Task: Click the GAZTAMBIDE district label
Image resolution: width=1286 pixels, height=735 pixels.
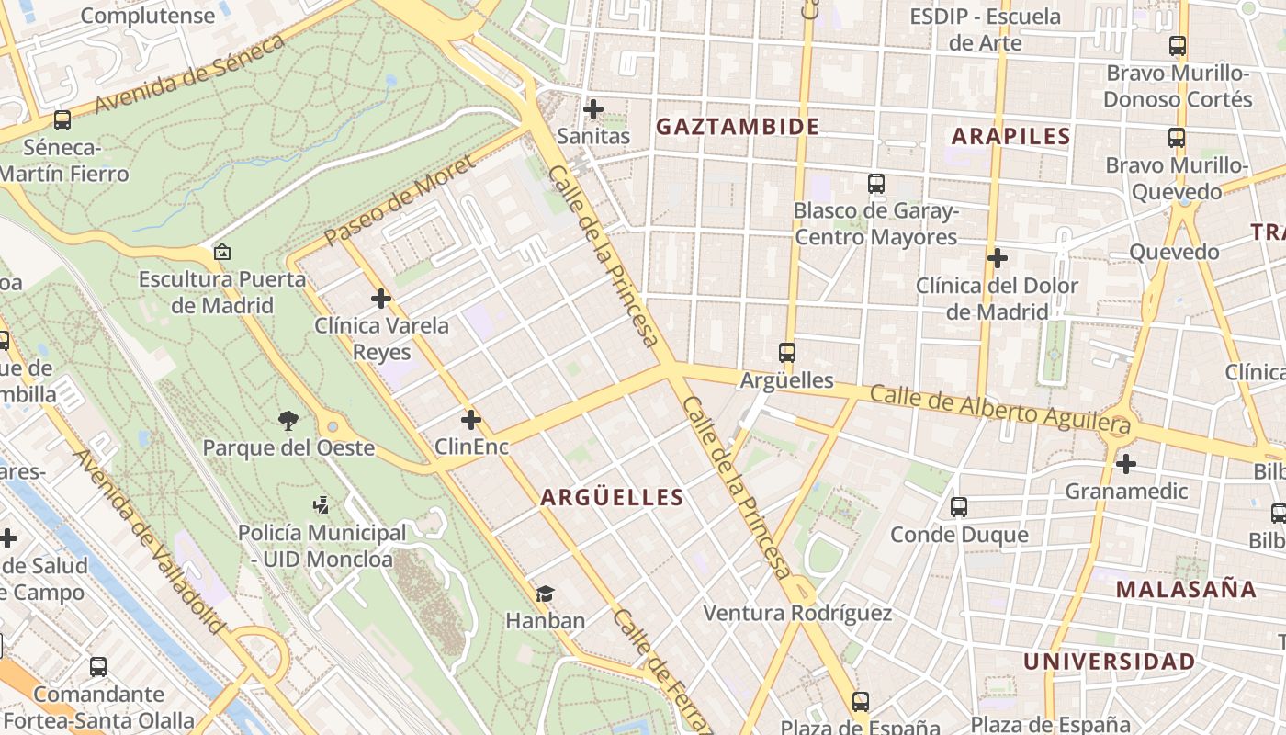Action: [737, 127]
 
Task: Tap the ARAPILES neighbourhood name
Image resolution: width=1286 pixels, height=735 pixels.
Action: [1010, 137]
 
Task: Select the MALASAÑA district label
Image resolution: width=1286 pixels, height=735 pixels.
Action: [1186, 589]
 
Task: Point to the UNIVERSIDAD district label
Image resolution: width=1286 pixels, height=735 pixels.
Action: [1110, 661]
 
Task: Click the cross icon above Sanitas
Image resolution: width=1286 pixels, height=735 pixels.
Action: [593, 109]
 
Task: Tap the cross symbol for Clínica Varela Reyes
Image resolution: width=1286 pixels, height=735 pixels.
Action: [381, 299]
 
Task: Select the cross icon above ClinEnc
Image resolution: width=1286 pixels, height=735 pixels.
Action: [471, 420]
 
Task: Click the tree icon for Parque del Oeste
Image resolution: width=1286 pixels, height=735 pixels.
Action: [288, 421]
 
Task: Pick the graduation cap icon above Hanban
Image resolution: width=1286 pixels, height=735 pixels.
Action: [545, 594]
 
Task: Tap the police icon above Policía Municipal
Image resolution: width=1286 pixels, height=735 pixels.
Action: [321, 504]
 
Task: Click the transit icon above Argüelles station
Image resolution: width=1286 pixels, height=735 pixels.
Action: [786, 352]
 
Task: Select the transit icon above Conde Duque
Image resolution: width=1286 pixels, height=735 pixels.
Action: [958, 506]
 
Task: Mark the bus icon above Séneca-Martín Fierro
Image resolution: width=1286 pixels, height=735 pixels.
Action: [62, 119]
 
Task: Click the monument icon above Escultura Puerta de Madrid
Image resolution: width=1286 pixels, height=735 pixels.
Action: [221, 252]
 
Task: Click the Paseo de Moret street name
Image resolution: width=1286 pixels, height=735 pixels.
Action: [400, 200]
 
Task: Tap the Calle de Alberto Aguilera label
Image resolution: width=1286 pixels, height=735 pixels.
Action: [999, 409]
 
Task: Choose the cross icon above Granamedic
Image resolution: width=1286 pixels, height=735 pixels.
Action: [1125, 464]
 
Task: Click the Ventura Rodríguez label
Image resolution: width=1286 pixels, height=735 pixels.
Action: [797, 613]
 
